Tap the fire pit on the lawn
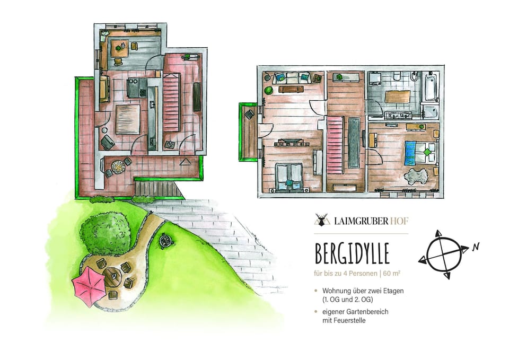[x=165, y=241]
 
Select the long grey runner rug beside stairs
[x=353, y=142]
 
